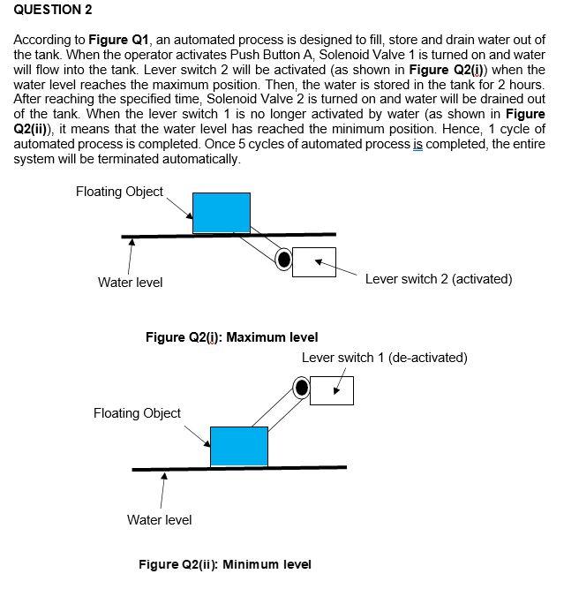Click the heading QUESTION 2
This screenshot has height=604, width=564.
53,10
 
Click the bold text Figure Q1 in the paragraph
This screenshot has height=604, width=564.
118,41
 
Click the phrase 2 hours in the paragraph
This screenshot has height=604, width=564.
523,85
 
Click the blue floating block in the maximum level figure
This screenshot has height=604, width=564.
221,212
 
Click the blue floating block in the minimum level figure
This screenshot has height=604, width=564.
238,446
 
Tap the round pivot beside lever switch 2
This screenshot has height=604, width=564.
283,259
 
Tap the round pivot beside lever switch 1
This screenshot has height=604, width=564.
302,387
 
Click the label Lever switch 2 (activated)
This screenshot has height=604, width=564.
438,279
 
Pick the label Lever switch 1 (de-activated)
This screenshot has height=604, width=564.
384,358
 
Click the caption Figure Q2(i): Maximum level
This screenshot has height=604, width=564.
231,336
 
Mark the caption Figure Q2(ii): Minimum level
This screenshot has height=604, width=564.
224,564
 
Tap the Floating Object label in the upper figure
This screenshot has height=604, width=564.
119,192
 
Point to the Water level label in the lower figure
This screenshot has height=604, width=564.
159,519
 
